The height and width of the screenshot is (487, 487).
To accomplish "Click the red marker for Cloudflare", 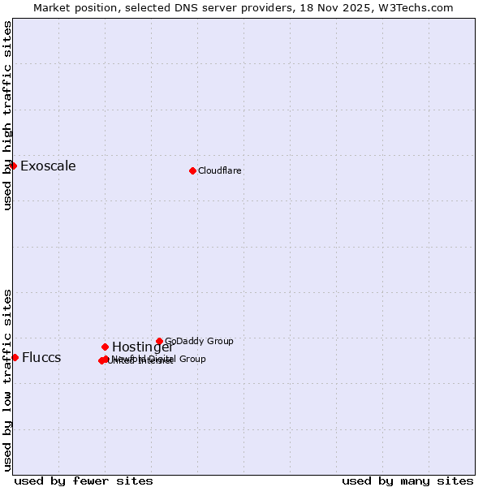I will (192, 170).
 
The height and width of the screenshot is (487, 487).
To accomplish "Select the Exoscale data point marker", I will (13, 166).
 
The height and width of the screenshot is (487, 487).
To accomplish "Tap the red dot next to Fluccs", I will (15, 357).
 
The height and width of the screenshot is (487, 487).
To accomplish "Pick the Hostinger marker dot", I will (105, 347).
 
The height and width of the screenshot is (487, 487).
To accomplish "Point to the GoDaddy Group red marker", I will (159, 341).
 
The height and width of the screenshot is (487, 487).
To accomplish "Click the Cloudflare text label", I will (220, 170).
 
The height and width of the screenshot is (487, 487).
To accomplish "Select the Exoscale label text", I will (48, 166).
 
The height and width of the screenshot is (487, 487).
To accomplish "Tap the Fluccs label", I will (41, 358).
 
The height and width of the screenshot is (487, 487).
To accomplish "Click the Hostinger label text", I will (142, 347).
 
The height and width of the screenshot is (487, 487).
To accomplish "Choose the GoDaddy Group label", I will (199, 341).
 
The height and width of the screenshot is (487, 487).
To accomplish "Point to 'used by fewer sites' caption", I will (84, 481).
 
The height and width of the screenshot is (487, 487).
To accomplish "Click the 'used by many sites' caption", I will (407, 481).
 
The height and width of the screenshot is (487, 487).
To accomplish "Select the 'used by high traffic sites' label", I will (7, 116).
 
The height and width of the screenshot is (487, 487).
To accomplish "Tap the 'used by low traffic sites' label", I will (7, 379).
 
